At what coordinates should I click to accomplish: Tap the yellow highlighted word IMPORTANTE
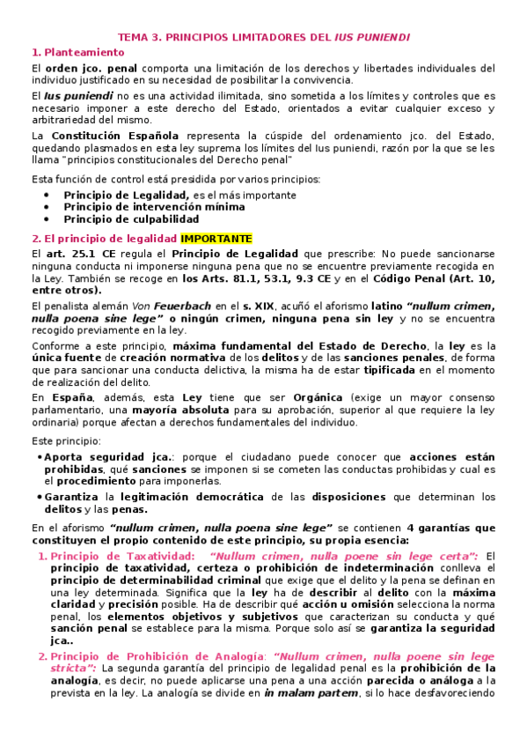pyautogui.click(x=216, y=238)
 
